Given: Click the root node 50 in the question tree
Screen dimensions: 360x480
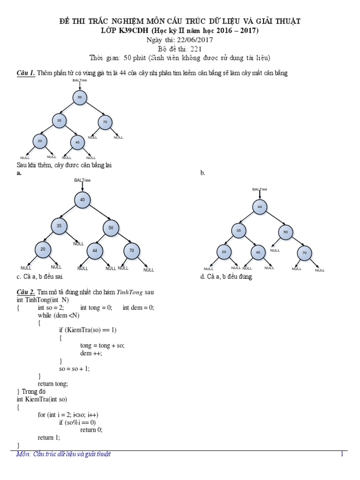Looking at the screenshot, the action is [80, 97].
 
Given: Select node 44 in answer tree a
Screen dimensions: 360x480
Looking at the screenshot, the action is [95, 251].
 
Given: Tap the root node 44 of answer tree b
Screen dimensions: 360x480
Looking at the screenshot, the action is [259, 207].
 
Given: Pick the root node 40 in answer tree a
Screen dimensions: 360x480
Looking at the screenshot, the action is [82, 200].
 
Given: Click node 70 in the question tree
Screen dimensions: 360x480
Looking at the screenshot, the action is [105, 122].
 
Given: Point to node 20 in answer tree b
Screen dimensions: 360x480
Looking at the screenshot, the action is [224, 252].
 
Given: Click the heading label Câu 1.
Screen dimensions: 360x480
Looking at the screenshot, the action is [25, 73].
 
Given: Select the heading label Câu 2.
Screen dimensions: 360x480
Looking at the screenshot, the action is [25, 292].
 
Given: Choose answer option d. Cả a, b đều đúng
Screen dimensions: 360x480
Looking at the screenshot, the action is [226, 277].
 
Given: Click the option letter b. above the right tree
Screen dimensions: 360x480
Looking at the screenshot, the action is [202, 173].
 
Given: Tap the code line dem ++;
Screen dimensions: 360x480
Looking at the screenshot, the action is [91, 353].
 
